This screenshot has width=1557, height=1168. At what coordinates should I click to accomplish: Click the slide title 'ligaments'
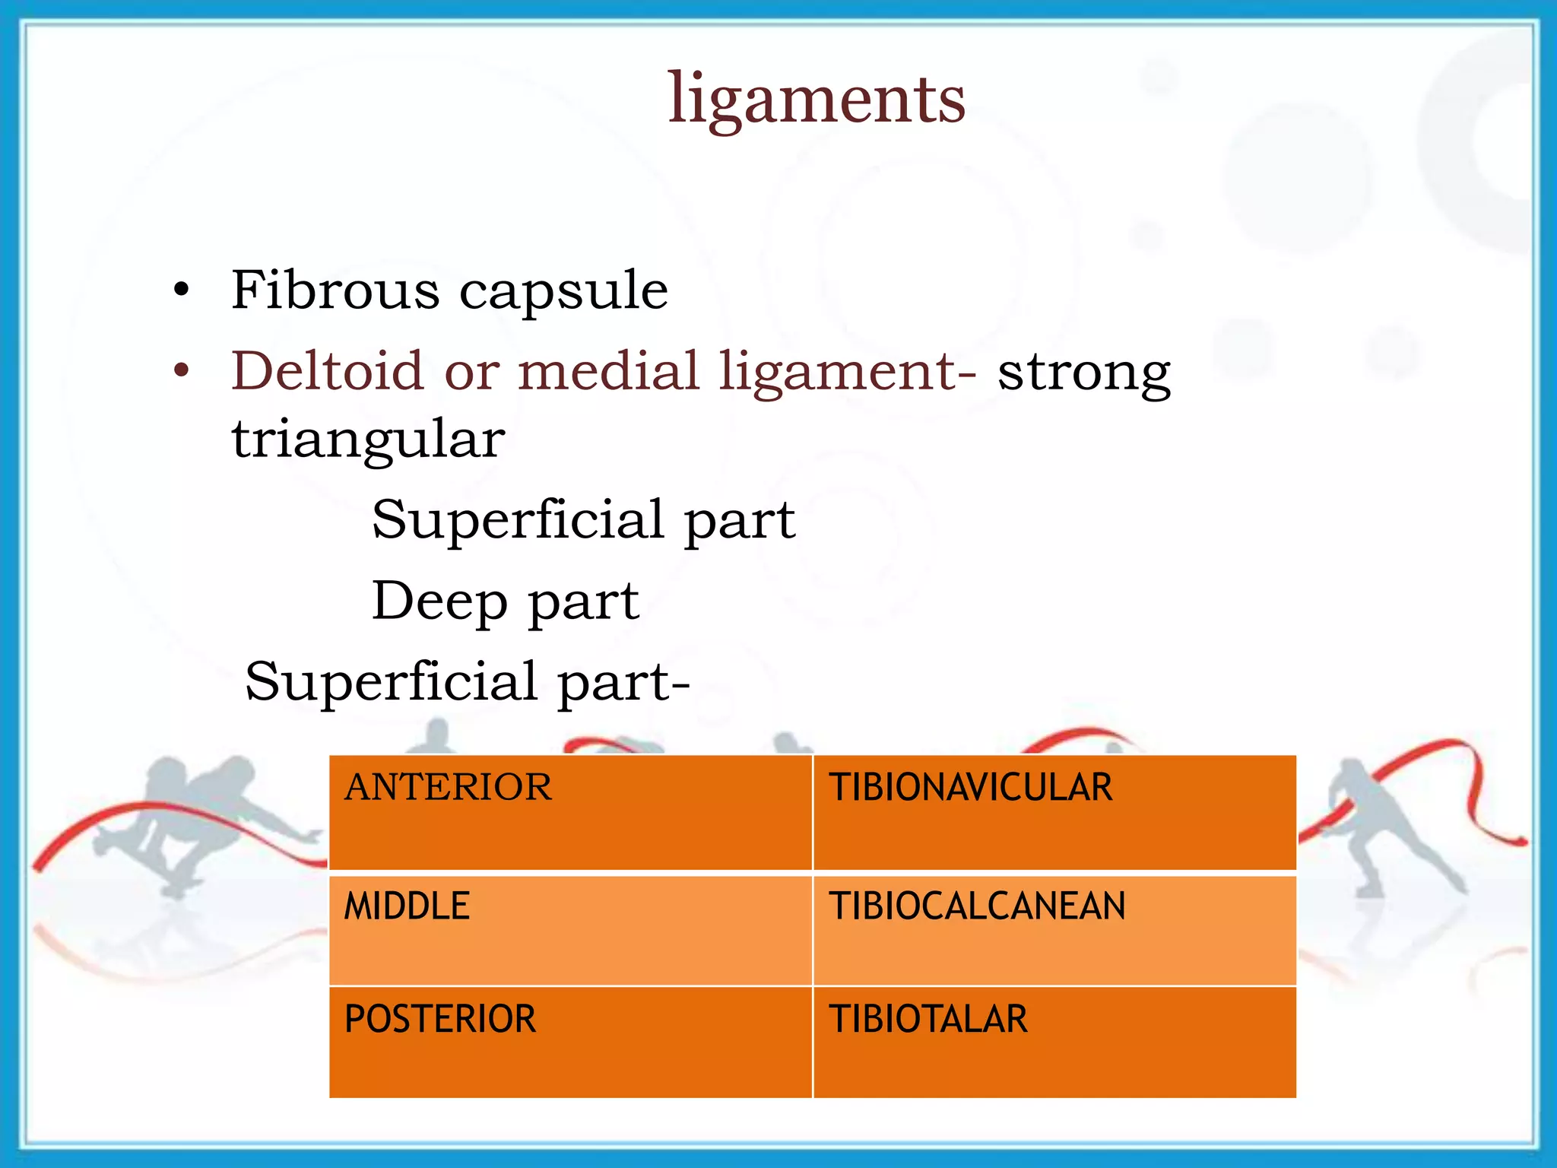pos(817,99)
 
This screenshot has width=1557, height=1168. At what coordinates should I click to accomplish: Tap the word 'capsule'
pos(563,292)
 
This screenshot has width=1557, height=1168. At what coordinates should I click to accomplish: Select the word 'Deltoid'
pos(327,371)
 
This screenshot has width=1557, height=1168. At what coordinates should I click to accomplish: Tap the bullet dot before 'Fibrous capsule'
pos(181,290)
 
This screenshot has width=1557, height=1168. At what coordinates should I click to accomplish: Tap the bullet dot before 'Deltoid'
pos(181,372)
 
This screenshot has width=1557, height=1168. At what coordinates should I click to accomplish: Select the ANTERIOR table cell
pos(570,812)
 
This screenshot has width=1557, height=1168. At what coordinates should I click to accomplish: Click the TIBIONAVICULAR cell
pos(1054,812)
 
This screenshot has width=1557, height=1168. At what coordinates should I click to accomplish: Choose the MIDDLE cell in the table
pos(570,929)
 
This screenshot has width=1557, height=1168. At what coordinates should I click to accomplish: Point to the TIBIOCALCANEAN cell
pos(1054,929)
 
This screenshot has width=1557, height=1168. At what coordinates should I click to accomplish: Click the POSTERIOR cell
pos(570,1042)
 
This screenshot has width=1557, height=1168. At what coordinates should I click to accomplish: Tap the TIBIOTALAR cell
pos(1054,1042)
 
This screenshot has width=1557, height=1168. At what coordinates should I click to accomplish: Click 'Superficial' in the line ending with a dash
pos(392,681)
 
